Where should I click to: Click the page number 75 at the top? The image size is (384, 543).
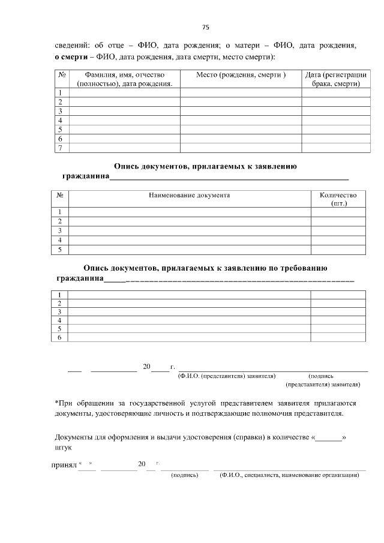[x=205, y=27]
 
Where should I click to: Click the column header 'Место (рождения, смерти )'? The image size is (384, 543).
[x=241, y=75]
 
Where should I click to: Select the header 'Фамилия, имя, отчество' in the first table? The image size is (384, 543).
[x=125, y=75]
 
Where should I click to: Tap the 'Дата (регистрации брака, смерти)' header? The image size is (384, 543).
[x=335, y=79]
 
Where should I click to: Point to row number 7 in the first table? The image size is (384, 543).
[x=61, y=148]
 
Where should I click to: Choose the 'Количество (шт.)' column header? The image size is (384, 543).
[x=338, y=199]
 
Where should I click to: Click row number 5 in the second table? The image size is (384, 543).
[x=60, y=250]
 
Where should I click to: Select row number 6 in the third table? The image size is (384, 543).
[x=59, y=338]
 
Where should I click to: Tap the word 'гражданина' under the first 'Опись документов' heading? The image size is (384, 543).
[x=86, y=177]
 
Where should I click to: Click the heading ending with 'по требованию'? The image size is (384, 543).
[x=205, y=268]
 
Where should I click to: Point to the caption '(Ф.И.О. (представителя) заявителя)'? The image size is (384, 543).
[x=227, y=376]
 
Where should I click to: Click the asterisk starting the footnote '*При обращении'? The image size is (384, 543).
[x=56, y=403]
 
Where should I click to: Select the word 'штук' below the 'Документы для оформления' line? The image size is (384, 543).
[x=63, y=448]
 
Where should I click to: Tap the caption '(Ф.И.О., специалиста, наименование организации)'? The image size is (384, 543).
[x=289, y=475]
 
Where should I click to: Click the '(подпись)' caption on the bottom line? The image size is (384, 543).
[x=184, y=475]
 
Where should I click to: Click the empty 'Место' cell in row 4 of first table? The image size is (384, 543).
[x=241, y=120]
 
